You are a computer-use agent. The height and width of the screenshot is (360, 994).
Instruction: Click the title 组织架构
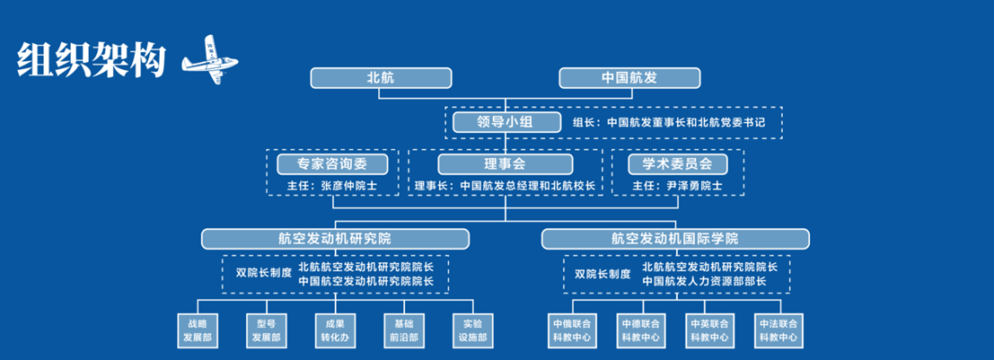(91, 59)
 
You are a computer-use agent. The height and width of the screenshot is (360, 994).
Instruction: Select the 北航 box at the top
(380, 78)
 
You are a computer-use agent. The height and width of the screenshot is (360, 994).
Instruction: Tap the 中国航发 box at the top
(629, 78)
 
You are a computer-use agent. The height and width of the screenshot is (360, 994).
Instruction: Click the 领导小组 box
(506, 121)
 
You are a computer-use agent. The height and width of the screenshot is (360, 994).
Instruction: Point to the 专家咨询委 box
(332, 163)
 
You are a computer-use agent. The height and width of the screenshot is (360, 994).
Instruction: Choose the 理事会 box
(505, 163)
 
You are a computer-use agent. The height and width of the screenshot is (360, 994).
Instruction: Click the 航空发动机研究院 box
(335, 238)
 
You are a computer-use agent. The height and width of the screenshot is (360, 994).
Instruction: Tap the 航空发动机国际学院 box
(675, 238)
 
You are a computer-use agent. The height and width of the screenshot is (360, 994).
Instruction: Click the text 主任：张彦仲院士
(331, 186)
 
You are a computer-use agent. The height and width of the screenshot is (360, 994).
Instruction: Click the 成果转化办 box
(335, 329)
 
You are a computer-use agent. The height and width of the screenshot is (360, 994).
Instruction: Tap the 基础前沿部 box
(403, 329)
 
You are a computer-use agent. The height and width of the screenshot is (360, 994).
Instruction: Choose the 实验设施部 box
(472, 329)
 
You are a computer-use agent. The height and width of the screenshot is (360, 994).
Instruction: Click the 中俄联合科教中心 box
(572, 329)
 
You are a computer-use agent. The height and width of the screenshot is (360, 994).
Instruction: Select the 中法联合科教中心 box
(778, 329)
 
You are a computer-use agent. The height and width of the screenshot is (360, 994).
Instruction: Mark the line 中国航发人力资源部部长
(704, 281)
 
